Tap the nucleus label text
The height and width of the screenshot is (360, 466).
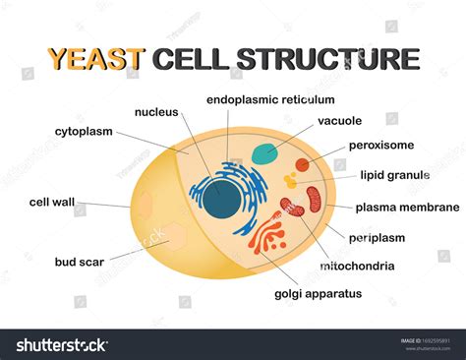(157, 111)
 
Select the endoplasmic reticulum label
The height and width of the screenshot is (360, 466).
(270, 99)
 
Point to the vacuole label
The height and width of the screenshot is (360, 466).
(340, 121)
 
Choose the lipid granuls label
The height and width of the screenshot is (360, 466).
(394, 175)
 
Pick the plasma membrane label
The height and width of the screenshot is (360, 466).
(407, 208)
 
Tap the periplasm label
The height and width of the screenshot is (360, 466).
(378, 237)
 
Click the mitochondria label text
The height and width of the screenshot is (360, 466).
(357, 266)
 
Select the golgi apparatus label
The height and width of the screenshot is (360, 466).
(318, 293)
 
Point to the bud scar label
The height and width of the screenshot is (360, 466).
(82, 262)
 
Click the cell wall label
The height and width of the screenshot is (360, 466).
(52, 202)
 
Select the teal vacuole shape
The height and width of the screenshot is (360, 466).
(263, 153)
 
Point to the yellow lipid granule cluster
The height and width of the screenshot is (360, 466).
(291, 181)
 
